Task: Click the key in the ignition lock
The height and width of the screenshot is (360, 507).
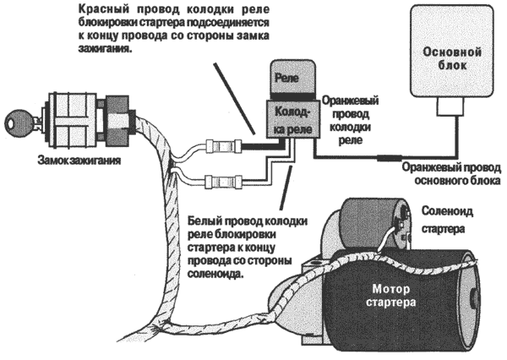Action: tap(18, 120)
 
